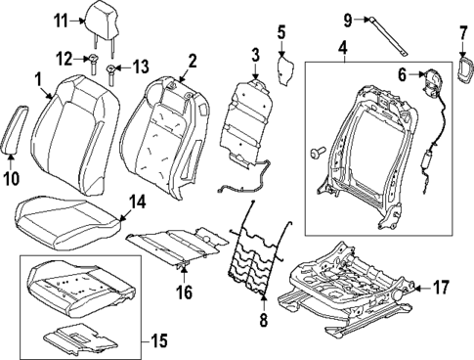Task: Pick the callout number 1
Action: click(x=37, y=77)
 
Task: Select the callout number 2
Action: click(x=192, y=62)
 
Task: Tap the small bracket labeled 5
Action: click(x=287, y=70)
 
